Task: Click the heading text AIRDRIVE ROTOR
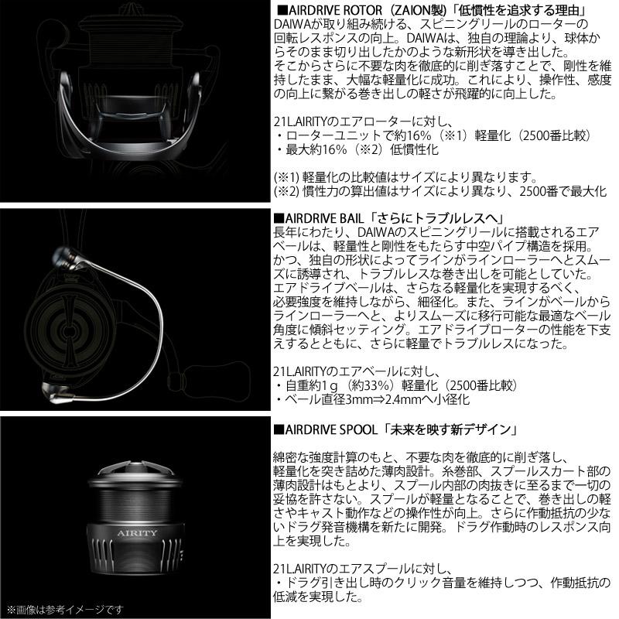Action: pyautogui.click(x=329, y=9)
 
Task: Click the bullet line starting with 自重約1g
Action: pyautogui.click(x=395, y=385)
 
